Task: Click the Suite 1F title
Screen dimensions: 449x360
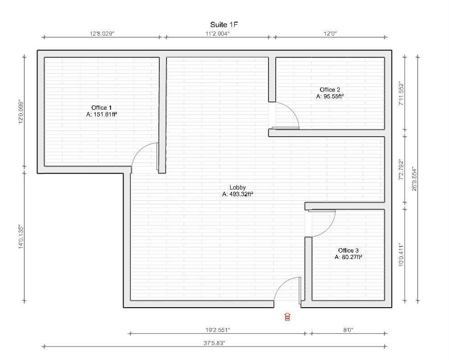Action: (x=224, y=25)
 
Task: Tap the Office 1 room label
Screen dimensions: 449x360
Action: (x=102, y=108)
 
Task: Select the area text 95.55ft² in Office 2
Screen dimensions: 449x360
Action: (x=333, y=97)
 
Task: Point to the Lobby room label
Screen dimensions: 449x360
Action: (x=238, y=187)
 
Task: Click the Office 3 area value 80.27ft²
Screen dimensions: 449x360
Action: (x=352, y=257)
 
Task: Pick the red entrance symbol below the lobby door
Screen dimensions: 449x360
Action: (x=287, y=317)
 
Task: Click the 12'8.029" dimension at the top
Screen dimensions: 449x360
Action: (x=102, y=33)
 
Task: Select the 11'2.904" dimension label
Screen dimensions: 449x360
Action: (x=218, y=33)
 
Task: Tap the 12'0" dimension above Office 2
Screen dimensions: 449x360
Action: (x=330, y=33)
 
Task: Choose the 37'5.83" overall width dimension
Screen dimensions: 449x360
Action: (x=214, y=343)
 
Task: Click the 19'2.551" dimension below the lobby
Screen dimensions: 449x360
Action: (x=218, y=330)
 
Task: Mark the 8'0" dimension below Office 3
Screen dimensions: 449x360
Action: (x=348, y=330)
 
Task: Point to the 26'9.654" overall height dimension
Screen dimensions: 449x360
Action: (x=414, y=179)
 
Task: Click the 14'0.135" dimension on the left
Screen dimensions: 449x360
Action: (x=21, y=237)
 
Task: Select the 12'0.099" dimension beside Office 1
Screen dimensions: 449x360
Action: (x=21, y=111)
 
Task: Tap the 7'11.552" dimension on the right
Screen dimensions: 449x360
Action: (x=401, y=94)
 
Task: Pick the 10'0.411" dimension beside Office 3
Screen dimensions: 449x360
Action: (x=401, y=255)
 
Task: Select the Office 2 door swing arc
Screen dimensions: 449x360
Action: (x=292, y=110)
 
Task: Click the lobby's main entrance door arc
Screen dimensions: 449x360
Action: (x=282, y=285)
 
